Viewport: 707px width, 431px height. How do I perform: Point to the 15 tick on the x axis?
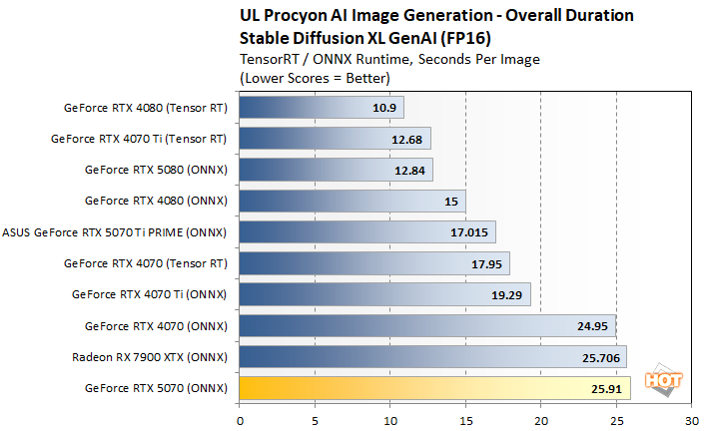[x=465, y=420]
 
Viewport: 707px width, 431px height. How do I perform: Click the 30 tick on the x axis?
[x=691, y=420]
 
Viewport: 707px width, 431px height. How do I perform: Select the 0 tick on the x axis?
[x=240, y=420]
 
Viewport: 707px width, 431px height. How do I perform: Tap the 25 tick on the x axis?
[x=616, y=420]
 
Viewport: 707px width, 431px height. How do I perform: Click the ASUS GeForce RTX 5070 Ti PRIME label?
[x=115, y=232]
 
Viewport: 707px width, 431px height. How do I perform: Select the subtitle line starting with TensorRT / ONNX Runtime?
[x=390, y=59]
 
